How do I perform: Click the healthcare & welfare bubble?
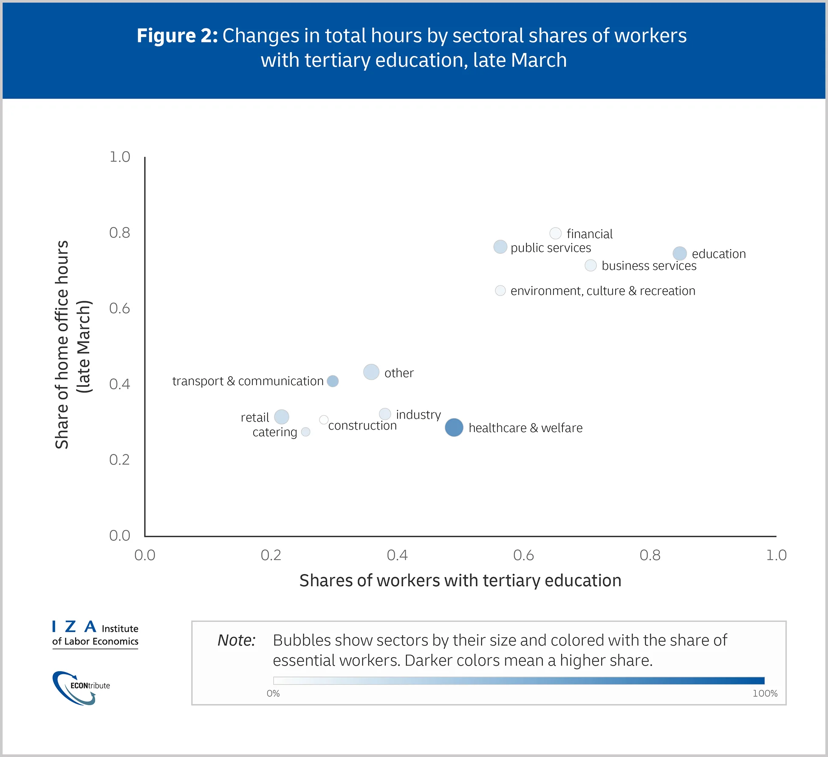tap(454, 427)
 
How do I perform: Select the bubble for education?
tap(679, 253)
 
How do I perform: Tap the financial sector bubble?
tap(555, 233)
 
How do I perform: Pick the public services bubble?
tap(500, 247)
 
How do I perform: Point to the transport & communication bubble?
tap(333, 381)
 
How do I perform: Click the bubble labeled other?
tap(371, 372)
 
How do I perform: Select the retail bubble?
tap(281, 417)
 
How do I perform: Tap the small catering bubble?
tap(305, 432)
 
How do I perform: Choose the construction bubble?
tap(323, 419)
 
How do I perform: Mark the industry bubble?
tap(384, 414)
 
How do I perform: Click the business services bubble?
tap(591, 265)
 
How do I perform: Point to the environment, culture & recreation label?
tap(602, 291)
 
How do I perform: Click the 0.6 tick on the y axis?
tap(119, 308)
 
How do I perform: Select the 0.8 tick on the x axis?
tap(650, 555)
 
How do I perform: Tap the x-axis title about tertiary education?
tap(460, 580)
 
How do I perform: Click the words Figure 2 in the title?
tap(177, 36)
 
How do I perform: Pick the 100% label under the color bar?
tap(765, 693)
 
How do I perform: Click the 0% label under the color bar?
tap(273, 693)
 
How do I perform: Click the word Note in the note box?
tap(236, 640)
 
